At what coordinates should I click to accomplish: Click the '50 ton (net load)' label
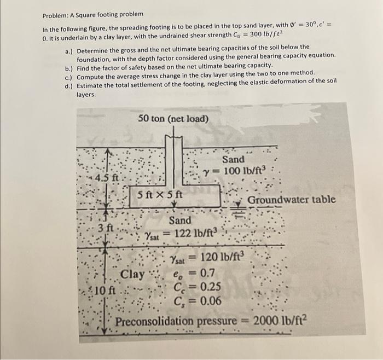tap(173, 118)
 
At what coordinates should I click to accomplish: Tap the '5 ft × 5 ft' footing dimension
tap(160, 194)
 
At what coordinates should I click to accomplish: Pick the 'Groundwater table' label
tap(291, 200)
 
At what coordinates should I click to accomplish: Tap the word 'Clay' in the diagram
tap(132, 274)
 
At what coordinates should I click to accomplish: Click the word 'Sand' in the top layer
tap(233, 159)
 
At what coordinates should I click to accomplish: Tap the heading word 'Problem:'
tap(55, 13)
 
